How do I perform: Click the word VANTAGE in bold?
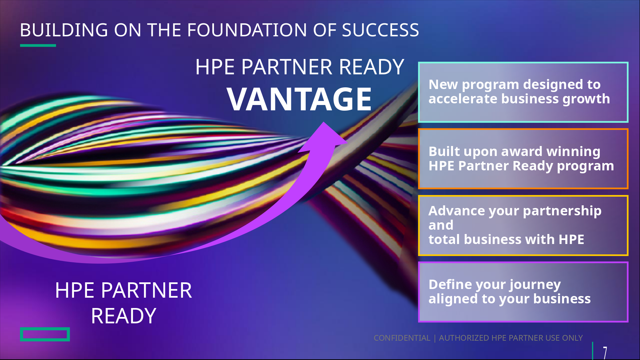click(299, 99)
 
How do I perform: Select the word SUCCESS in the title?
click(380, 30)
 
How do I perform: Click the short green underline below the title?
click(38, 45)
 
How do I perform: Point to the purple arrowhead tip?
click(324, 122)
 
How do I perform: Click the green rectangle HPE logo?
click(45, 334)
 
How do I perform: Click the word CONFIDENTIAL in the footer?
click(402, 338)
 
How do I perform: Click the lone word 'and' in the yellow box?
click(441, 225)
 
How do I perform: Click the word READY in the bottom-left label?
click(124, 316)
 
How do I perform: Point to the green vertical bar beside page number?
click(593, 351)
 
